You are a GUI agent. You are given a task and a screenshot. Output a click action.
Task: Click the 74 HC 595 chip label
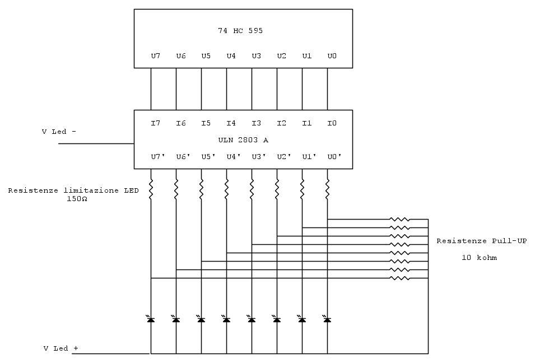coord(240,31)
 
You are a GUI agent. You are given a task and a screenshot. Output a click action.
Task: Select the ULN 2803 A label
coord(243,140)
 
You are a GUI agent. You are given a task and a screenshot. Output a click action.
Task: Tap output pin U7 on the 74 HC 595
coord(156,56)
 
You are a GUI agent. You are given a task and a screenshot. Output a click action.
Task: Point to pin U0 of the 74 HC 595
coord(332,56)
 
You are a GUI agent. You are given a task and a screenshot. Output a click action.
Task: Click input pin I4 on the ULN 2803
coord(231,123)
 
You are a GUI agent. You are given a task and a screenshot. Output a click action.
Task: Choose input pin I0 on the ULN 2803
coord(332,123)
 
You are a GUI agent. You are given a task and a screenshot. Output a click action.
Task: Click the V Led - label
coord(59,132)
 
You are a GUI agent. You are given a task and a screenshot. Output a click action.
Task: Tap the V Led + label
coord(61,348)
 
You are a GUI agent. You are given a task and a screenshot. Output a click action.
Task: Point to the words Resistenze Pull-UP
coord(481,241)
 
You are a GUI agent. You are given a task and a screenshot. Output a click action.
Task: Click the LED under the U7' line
coord(151,319)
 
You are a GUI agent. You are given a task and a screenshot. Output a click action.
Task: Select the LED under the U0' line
coord(327,319)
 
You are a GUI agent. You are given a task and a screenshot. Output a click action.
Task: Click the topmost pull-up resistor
coord(400,220)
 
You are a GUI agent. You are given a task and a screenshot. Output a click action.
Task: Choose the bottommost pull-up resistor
coord(400,278)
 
